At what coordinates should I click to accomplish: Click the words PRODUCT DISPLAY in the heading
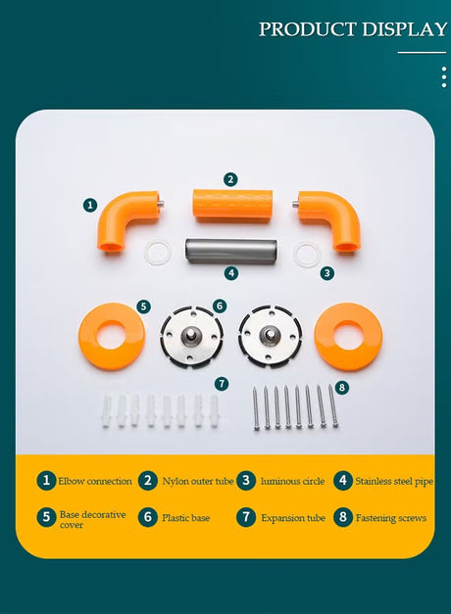353,29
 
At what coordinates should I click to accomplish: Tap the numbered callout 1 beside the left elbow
90,205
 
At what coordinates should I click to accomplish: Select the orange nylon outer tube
232,206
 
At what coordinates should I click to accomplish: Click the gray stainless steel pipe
231,252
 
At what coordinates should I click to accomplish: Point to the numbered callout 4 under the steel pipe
231,273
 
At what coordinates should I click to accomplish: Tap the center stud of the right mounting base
271,335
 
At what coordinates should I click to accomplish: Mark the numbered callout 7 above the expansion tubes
222,383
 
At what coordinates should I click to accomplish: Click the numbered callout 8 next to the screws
342,388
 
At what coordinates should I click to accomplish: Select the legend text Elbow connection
95,481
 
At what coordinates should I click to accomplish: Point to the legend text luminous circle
292,481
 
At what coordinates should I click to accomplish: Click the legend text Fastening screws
391,518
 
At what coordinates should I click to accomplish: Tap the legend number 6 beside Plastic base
147,517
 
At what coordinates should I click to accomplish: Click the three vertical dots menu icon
444,77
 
